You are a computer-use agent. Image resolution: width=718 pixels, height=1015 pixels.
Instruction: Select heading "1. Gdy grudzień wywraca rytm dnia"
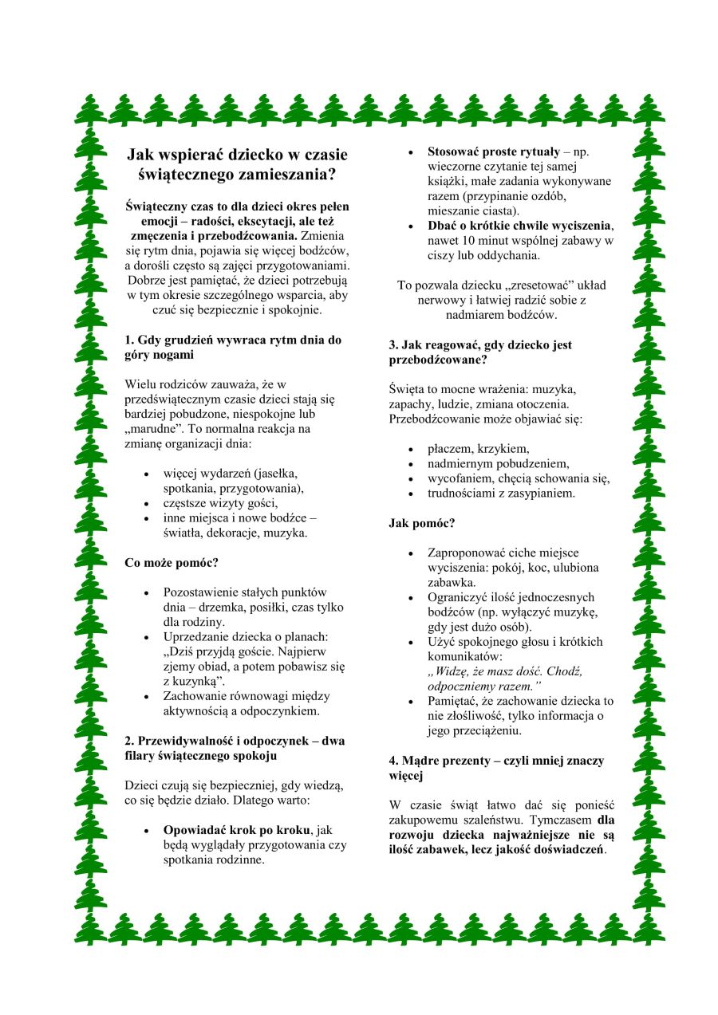click(233, 340)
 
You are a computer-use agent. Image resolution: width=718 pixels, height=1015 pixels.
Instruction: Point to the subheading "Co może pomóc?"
click(172, 562)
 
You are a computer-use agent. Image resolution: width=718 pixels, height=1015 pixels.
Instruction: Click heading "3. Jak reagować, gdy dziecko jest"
click(480, 345)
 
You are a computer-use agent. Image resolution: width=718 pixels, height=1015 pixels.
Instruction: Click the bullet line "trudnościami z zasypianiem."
click(501, 494)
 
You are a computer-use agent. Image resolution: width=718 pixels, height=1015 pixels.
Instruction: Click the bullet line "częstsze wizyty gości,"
click(220, 503)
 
